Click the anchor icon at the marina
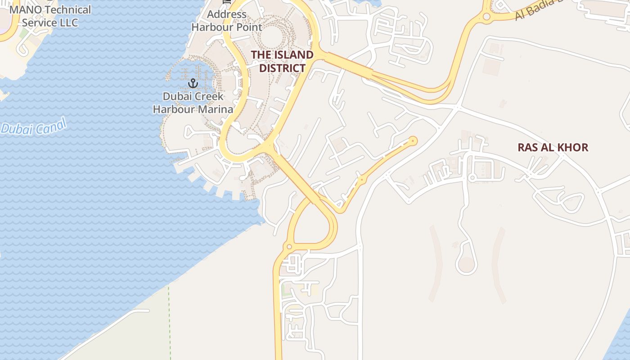(193, 83)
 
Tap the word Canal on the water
(48, 126)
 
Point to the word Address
(226, 14)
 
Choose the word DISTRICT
(282, 68)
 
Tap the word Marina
(214, 109)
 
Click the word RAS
(527, 147)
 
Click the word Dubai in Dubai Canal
(17, 129)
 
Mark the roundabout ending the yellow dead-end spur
(413, 141)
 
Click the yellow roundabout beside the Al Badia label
(486, 17)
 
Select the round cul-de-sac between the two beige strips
(466, 264)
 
